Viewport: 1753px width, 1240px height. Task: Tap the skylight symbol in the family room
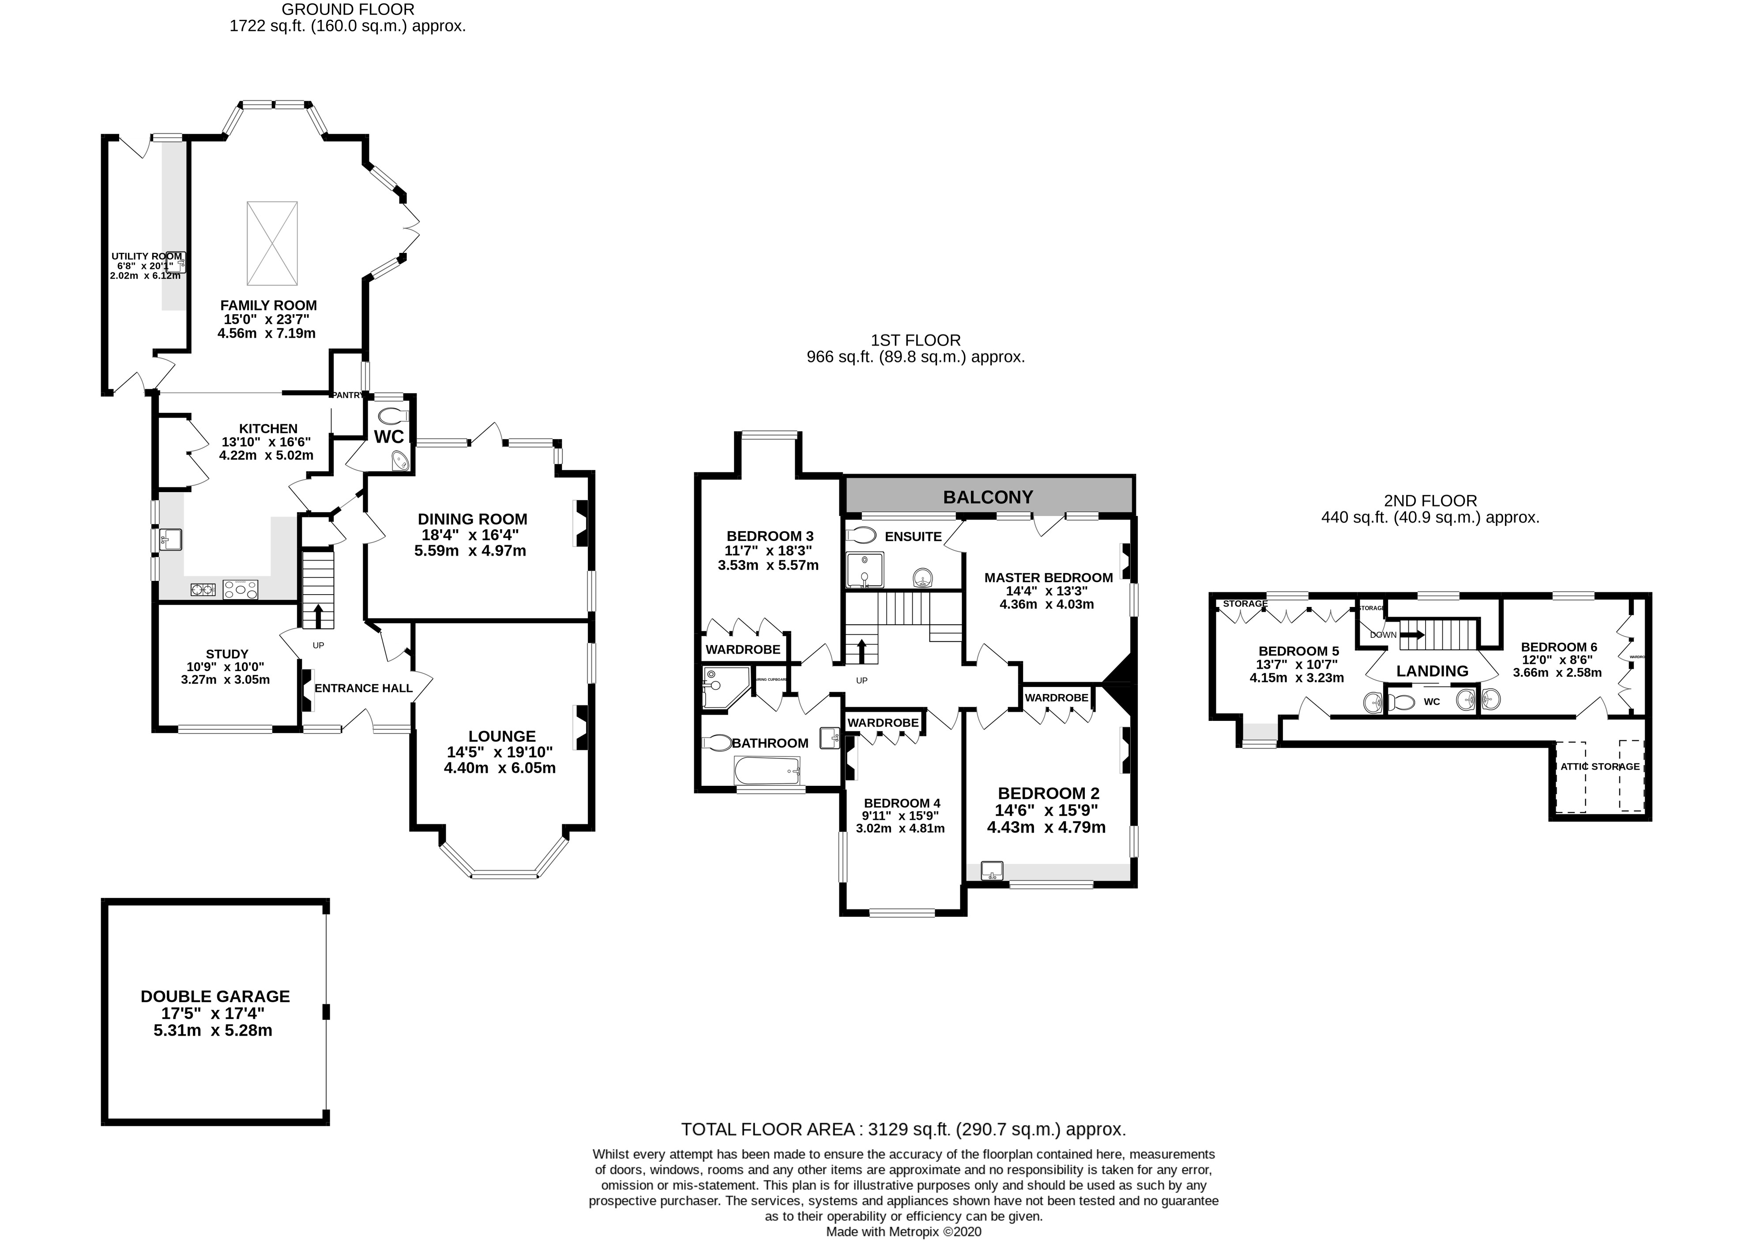pos(272,242)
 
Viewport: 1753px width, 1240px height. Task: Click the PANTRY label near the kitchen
pos(347,395)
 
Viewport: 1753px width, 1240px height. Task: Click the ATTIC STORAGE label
pos(1599,767)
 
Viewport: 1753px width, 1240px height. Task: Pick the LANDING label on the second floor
pos(1432,671)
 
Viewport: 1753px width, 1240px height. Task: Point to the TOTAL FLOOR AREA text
pos(903,1129)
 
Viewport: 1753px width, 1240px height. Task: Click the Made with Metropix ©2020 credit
pos(903,1232)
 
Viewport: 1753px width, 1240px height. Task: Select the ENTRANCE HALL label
pos(363,688)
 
